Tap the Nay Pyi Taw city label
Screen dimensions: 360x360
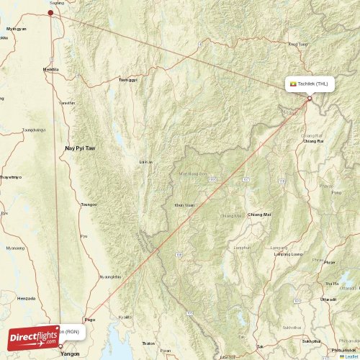[x=80, y=148]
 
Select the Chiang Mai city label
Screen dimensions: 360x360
[x=259, y=215]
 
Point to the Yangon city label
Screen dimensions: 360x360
[x=71, y=354]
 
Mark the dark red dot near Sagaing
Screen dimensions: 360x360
[x=50, y=12]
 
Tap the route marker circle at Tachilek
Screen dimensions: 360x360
[x=310, y=98]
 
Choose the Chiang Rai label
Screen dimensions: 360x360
[x=313, y=141]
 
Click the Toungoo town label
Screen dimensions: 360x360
[x=89, y=204]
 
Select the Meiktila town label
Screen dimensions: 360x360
[x=51, y=70]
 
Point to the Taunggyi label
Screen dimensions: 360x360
[x=127, y=79]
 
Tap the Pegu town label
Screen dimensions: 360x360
[x=89, y=298]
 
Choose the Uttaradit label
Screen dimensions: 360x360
[x=328, y=298]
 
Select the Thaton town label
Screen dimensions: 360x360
[x=148, y=343]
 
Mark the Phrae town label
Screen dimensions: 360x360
[x=329, y=262]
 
